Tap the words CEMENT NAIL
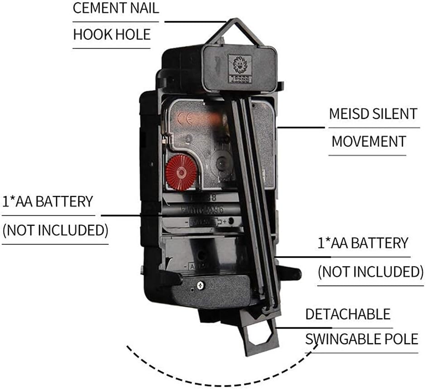coord(115,9)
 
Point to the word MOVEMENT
coord(369,141)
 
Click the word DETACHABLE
coord(348,314)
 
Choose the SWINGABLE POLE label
coord(361,339)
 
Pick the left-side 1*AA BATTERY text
coord(48,201)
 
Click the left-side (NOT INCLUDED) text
coord(55,230)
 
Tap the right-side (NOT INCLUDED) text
coord(370,272)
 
